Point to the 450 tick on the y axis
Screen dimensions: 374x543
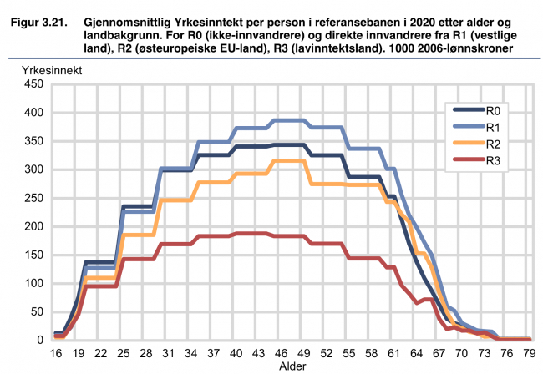pyautogui.click(x=32, y=84)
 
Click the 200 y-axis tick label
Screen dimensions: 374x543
pyautogui.click(x=32, y=226)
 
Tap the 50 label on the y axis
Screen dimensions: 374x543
pyautogui.click(x=35, y=311)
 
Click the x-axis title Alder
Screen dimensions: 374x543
pyautogui.click(x=292, y=366)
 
